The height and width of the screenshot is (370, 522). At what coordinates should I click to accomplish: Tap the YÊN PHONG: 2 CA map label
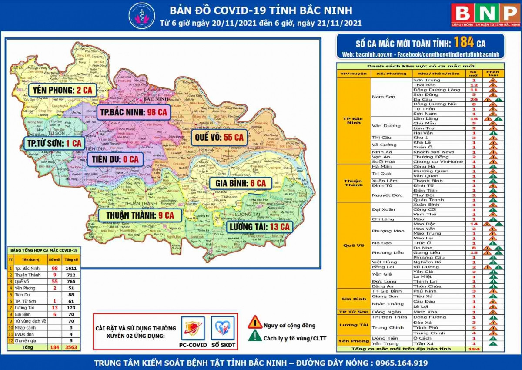(62, 90)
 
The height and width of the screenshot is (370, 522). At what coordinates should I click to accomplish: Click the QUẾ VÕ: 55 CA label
(218, 138)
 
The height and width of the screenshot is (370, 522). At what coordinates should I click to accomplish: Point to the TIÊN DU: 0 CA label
(115, 159)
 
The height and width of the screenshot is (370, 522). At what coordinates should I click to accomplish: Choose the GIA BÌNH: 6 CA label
(241, 183)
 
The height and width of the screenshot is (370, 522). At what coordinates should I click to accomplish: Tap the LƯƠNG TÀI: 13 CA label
(259, 226)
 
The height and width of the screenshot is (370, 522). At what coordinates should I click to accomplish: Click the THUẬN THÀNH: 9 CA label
(137, 215)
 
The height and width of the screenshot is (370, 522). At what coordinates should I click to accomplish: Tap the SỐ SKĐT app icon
(223, 329)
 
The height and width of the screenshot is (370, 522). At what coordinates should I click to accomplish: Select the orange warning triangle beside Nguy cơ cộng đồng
(255, 323)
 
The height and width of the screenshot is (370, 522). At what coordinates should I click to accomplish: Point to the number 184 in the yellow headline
(463, 43)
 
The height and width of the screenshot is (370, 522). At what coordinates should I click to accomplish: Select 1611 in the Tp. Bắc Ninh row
(71, 269)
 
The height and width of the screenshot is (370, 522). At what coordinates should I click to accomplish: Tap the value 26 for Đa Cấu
(474, 99)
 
